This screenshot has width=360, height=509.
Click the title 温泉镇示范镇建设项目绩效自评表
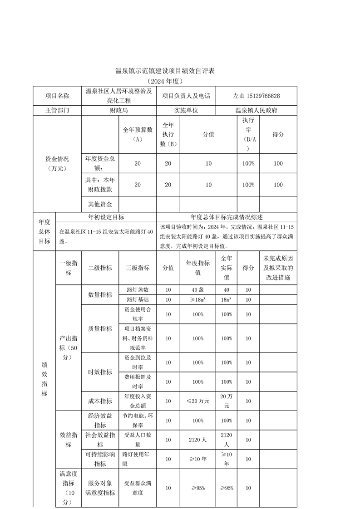(x=164, y=71)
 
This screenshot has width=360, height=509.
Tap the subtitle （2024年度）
(x=164, y=82)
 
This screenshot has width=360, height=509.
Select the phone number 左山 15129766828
(x=256, y=96)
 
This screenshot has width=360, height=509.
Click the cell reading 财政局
(x=118, y=110)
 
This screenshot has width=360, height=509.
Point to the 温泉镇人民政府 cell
(x=256, y=110)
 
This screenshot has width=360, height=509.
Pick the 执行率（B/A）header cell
(x=248, y=134)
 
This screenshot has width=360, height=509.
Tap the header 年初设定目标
(x=106, y=217)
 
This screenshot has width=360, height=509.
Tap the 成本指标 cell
(x=100, y=401)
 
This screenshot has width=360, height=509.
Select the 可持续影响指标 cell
(x=100, y=459)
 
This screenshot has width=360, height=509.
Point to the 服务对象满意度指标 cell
(x=100, y=488)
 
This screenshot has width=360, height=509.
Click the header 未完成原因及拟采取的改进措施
(x=278, y=268)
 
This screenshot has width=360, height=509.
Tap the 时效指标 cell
(x=100, y=372)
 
